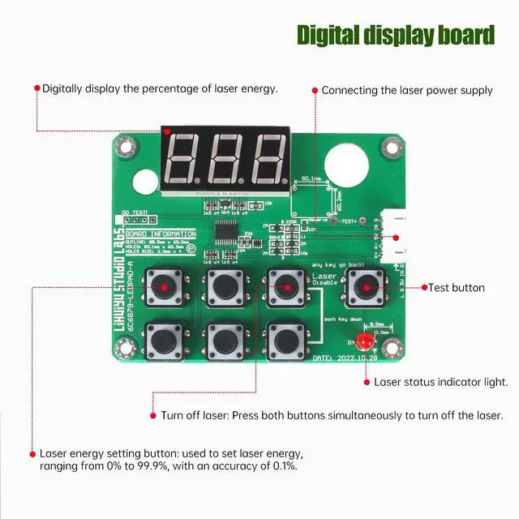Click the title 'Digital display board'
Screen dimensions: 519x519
tap(395, 36)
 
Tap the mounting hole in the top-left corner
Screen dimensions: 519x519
tap(124, 147)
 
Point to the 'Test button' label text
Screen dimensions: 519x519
tap(457, 287)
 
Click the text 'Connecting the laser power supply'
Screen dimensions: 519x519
tap(406, 90)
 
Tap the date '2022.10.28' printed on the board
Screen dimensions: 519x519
tap(356, 358)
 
